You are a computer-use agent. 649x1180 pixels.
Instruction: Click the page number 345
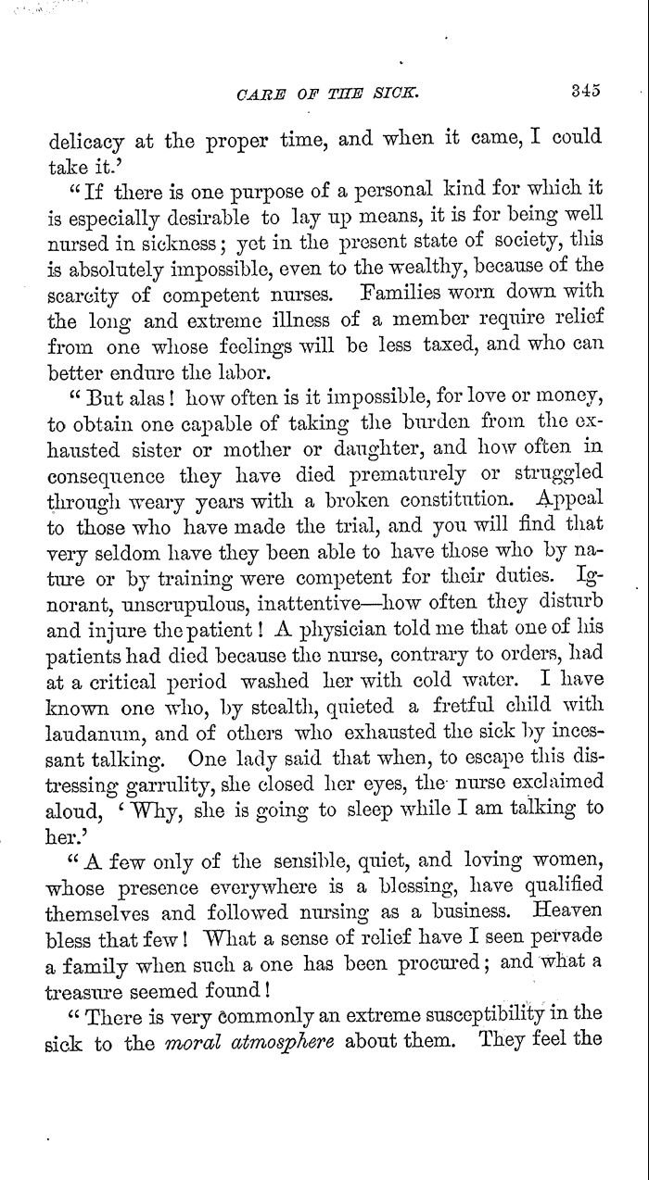[586, 91]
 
